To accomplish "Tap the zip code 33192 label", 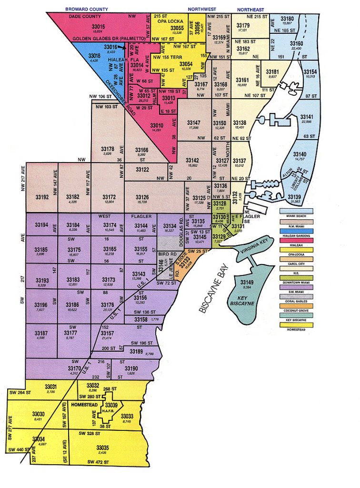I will click(42, 197).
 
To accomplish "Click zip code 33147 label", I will click(194, 123).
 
